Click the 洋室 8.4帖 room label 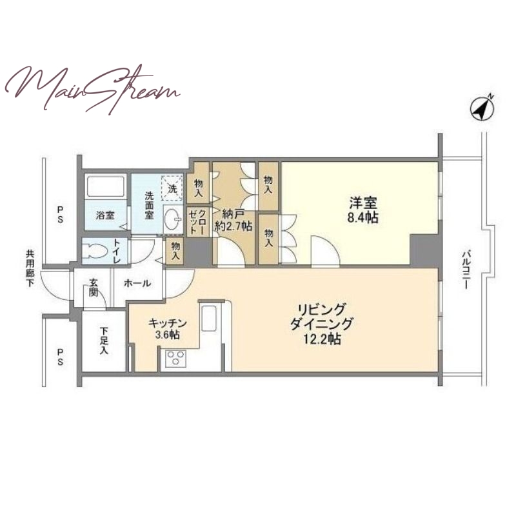pos(363,210)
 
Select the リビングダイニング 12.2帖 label pos(321,324)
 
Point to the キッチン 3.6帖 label pos(168,329)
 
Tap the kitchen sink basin pos(208,318)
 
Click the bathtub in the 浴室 pos(105,186)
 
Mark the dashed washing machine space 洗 pos(172,188)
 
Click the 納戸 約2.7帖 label pos(233,220)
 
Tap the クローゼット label pos(198,221)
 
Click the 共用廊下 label pos(30,268)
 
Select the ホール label pos(137,283)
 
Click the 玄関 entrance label pos(94,288)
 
